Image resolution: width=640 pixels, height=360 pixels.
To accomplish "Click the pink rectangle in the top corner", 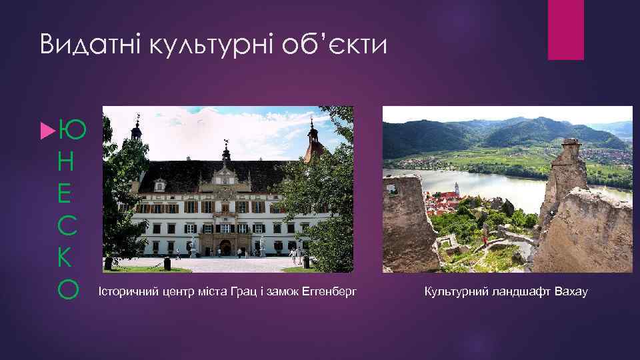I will coord(565,29).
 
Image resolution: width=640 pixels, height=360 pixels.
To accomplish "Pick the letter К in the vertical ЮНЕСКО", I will coord(69,257).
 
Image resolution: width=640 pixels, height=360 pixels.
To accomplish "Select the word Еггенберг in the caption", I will coord(333,291).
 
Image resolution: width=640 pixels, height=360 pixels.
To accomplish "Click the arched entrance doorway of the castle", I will coord(225,248).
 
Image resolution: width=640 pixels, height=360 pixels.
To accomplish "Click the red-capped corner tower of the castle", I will coord(312,140).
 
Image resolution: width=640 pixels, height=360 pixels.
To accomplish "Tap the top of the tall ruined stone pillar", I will coord(571,143).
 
